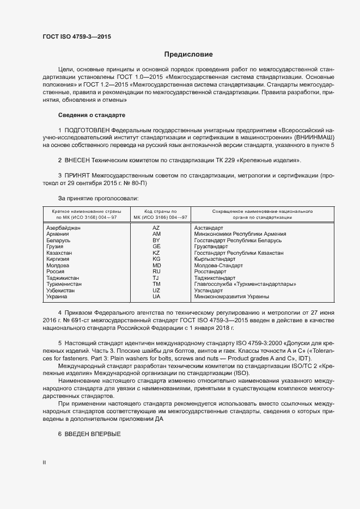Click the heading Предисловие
[x=189, y=54]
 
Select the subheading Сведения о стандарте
[x=91, y=115]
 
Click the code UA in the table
[x=156, y=297]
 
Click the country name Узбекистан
[x=63, y=291]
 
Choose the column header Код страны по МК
[x=156, y=213]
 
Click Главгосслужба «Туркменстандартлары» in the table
[x=245, y=284]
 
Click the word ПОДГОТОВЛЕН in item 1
[x=87, y=131]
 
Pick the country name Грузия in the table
[x=56, y=247]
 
